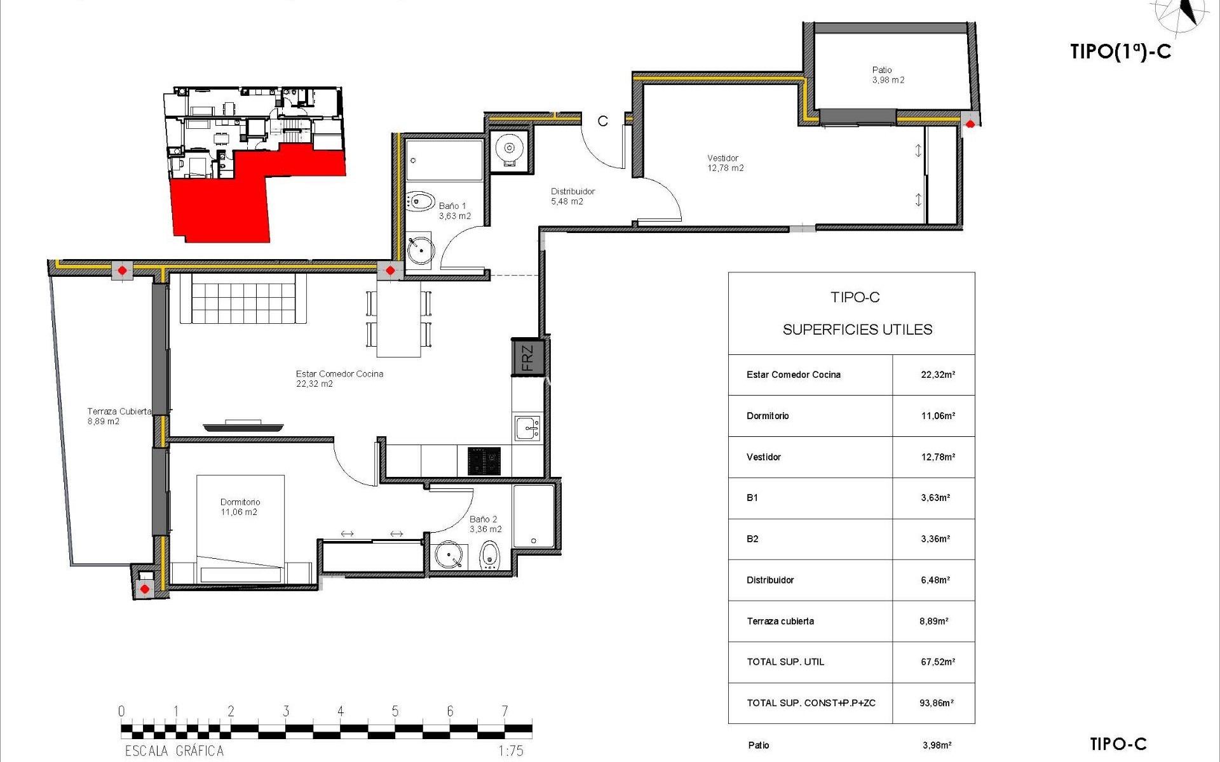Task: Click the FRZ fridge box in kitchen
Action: [x=527, y=358]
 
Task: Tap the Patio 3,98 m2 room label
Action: [x=888, y=75]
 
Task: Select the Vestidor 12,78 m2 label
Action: [x=725, y=163]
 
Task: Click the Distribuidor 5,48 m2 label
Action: [x=572, y=196]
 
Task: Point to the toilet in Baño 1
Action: [x=420, y=201]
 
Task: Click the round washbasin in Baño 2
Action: [x=449, y=556]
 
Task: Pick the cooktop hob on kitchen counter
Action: [x=484, y=461]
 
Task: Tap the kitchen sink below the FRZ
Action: [x=527, y=428]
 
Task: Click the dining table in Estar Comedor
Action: [x=399, y=319]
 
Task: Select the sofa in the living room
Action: [x=243, y=299]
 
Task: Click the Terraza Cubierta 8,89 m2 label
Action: [x=118, y=416]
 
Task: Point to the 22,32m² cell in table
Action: [x=937, y=375]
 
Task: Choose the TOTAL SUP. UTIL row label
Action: [x=785, y=662]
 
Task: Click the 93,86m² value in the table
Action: [x=936, y=703]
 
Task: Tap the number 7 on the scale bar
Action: [x=505, y=711]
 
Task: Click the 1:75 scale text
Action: [x=510, y=751]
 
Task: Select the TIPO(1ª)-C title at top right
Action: [x=1120, y=51]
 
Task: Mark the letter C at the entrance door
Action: [x=602, y=121]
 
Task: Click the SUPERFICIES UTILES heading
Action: [x=857, y=330]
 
